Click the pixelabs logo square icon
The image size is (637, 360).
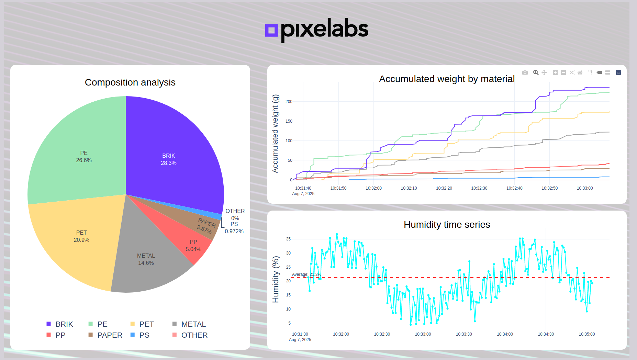271,30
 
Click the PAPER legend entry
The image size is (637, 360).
109,335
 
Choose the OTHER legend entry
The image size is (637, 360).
194,335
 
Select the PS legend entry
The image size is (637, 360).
144,335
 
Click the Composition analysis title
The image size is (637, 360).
130,82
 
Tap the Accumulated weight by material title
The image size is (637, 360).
447,79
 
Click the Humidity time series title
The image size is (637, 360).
447,225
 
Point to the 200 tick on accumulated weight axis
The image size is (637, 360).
289,102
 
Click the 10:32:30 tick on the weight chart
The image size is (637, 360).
479,188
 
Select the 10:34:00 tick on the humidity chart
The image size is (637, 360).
505,334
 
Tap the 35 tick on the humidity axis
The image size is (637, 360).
288,239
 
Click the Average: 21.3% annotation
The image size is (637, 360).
306,274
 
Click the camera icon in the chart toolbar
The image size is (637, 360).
525,72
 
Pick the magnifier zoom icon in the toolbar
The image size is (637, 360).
536,72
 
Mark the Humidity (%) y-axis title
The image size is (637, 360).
276,279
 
